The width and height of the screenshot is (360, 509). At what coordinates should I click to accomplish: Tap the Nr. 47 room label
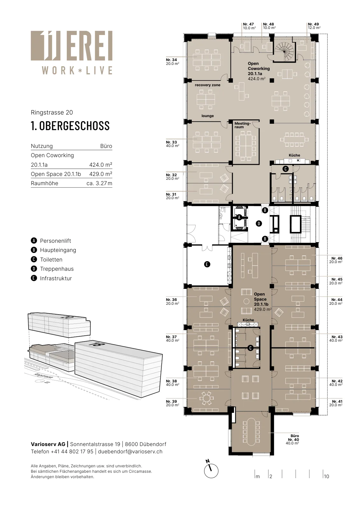click(249, 26)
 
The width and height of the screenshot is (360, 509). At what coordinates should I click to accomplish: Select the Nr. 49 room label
click(314, 26)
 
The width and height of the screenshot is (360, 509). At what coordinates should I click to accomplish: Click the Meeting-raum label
click(243, 125)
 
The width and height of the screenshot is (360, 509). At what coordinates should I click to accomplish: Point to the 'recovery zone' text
click(208, 85)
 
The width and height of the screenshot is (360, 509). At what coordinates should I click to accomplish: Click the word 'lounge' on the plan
click(208, 116)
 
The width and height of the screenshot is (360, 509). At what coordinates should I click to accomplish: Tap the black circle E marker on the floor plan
click(207, 264)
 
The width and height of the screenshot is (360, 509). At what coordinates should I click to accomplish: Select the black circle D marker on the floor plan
click(259, 224)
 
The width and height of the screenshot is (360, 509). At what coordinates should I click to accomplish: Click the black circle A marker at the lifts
click(239, 218)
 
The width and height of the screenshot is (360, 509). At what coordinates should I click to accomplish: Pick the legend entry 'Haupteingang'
click(58, 250)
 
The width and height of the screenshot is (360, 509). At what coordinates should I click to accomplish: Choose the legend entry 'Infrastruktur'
click(56, 278)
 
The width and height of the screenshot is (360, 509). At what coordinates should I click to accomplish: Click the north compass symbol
click(211, 471)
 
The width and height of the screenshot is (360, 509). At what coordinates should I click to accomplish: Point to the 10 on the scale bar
click(326, 477)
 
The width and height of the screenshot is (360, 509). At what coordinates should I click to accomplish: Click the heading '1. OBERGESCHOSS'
click(70, 126)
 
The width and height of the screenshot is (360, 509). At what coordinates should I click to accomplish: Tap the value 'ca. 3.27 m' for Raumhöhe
click(99, 183)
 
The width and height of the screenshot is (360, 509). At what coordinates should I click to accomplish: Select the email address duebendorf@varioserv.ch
click(130, 451)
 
